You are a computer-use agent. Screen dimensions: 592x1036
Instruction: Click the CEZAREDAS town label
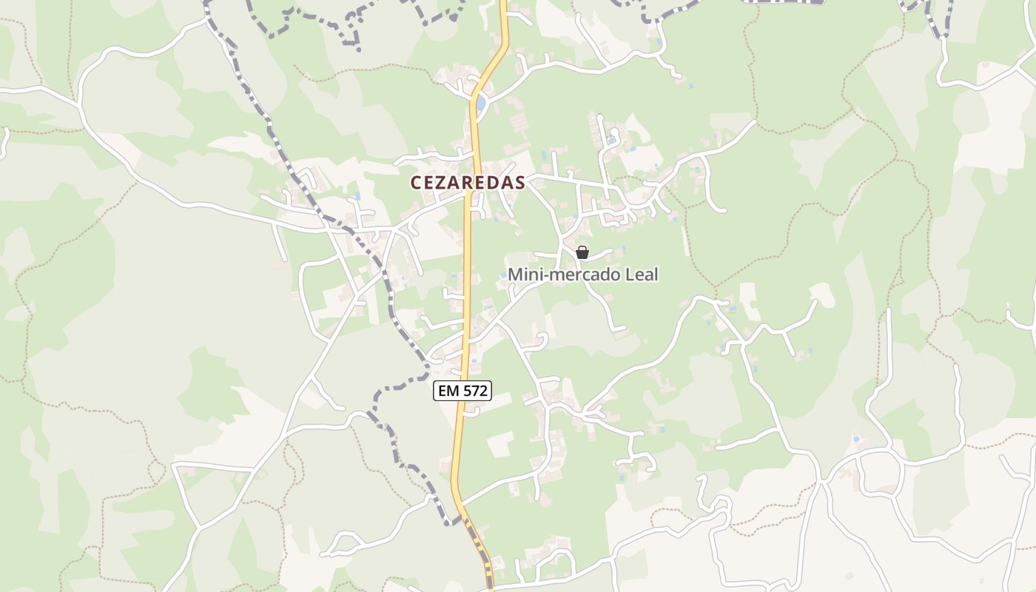pyautogui.click(x=468, y=182)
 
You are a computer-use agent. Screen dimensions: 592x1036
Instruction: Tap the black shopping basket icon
pyautogui.click(x=582, y=252)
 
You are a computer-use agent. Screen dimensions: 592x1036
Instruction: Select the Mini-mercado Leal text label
pyautogui.click(x=582, y=275)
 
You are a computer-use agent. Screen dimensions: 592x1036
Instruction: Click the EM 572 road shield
pyautogui.click(x=462, y=391)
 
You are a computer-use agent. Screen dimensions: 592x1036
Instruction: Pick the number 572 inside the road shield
pyautogui.click(x=474, y=391)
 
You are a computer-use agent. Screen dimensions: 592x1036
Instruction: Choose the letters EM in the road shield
pyautogui.click(x=448, y=391)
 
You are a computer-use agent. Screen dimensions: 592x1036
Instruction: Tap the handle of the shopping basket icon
pyautogui.click(x=582, y=248)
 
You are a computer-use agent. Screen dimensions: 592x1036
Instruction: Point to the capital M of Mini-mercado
pyautogui.click(x=515, y=275)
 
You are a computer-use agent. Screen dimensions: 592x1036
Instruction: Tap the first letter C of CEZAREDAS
pyautogui.click(x=416, y=182)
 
